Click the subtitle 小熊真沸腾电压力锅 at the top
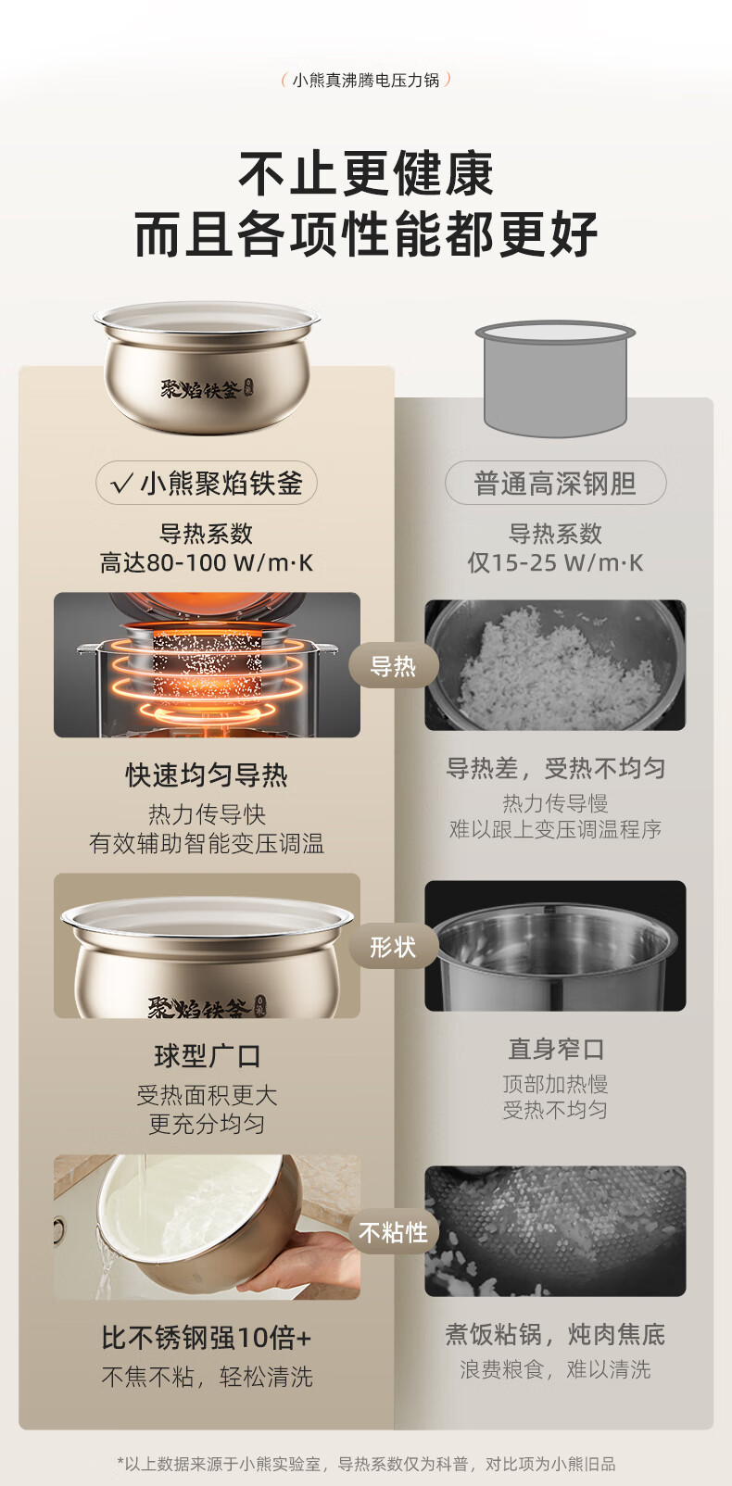(366, 81)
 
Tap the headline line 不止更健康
(366, 174)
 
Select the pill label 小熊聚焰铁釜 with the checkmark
(207, 483)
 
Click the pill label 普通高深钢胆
(555, 483)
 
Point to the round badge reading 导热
(393, 665)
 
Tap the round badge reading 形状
(393, 946)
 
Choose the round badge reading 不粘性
(393, 1232)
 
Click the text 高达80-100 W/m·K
(207, 562)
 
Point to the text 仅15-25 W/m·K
(555, 562)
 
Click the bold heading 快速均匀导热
(207, 774)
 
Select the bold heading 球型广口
(207, 1055)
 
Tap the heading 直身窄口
(555, 1049)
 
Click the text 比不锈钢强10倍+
(207, 1338)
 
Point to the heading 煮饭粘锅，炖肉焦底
(555, 1334)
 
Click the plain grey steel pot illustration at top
(555, 379)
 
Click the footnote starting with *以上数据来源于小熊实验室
(366, 1464)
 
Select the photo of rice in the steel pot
(555, 665)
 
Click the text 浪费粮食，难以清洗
(555, 1368)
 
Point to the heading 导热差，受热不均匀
(555, 768)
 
